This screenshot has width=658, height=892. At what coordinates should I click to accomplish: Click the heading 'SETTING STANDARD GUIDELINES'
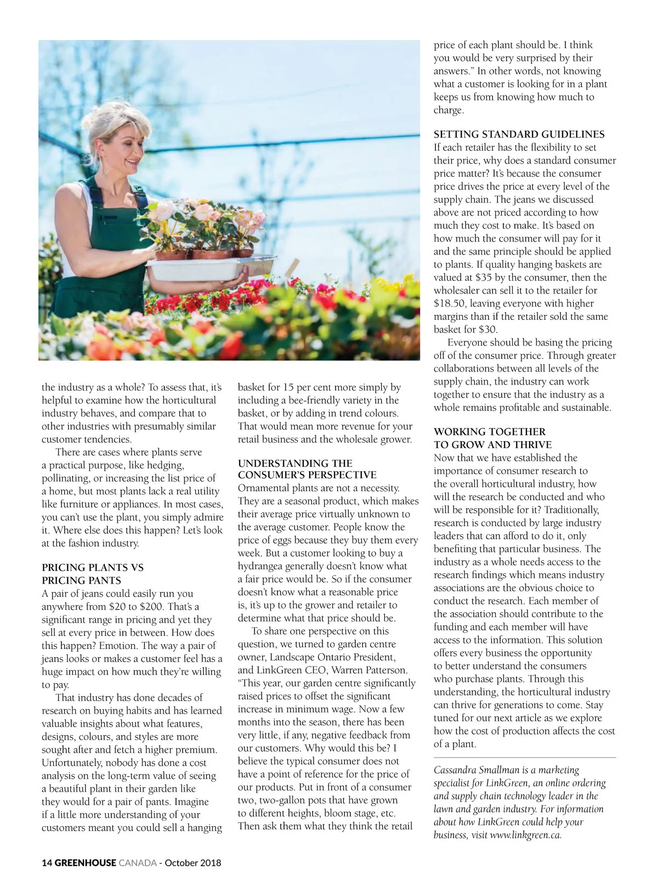click(519, 134)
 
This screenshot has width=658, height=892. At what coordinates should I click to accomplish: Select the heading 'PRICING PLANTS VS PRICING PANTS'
click(92, 574)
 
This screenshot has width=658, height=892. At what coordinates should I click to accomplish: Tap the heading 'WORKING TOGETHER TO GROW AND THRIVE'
click(492, 438)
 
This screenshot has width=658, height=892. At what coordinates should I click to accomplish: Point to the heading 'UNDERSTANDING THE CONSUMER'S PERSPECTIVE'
click(307, 469)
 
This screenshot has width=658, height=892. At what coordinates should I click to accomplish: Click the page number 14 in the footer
click(47, 862)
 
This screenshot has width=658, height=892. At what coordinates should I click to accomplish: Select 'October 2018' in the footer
click(193, 862)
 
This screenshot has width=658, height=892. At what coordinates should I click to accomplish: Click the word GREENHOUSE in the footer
click(86, 862)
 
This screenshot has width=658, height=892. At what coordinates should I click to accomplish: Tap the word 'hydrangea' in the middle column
click(262, 566)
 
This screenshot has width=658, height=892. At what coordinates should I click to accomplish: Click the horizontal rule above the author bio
click(524, 758)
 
